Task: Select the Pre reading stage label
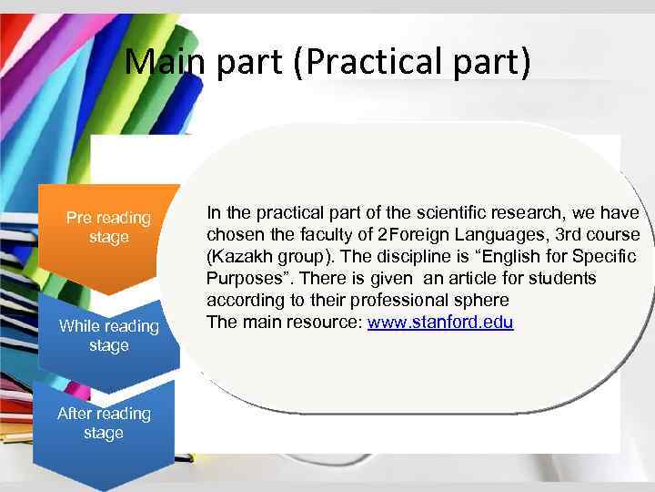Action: [x=108, y=227]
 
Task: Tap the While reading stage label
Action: [x=108, y=335]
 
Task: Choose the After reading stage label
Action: [x=104, y=423]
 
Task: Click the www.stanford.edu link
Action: [x=440, y=322]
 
